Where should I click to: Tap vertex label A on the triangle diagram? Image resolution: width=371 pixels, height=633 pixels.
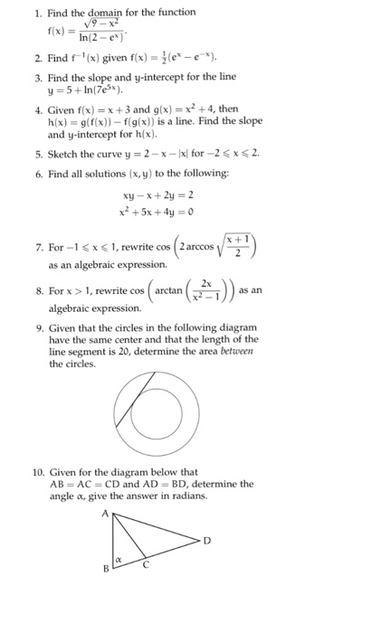103,511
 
